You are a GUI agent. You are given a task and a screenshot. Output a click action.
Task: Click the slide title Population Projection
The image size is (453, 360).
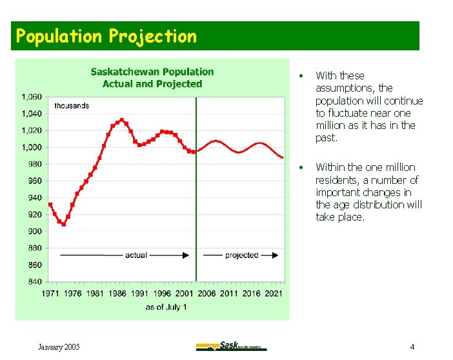pyautogui.click(x=106, y=36)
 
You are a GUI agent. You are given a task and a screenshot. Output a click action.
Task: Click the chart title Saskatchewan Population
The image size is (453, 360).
pyautogui.click(x=152, y=72)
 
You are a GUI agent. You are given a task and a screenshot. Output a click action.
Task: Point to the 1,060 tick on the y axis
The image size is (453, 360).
pyautogui.click(x=32, y=97)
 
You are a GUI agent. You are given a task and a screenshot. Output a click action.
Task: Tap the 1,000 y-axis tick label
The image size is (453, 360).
pyautogui.click(x=32, y=147)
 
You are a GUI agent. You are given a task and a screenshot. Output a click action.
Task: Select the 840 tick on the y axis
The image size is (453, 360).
pyautogui.click(x=35, y=281)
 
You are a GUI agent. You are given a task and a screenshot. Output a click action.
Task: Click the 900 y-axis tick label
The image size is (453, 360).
pyautogui.click(x=35, y=231)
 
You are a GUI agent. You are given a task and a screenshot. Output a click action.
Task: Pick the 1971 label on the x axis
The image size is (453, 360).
pyautogui.click(x=51, y=294)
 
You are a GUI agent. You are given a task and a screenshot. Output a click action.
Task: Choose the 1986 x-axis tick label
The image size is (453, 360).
pyautogui.click(x=117, y=294)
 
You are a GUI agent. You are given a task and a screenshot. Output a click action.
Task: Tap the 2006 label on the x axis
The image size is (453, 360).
pyautogui.click(x=206, y=294)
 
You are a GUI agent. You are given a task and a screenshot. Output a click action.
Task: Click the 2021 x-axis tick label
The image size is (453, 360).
pyautogui.click(x=273, y=294)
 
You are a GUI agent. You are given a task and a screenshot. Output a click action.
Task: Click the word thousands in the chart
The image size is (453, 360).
pyautogui.click(x=72, y=105)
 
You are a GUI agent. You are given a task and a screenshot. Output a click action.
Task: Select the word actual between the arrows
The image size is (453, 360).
pyautogui.click(x=136, y=255)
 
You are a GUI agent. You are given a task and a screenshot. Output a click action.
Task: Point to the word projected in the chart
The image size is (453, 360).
pyautogui.click(x=241, y=255)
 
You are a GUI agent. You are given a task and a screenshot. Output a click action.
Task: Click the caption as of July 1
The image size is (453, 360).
pyautogui.click(x=166, y=307)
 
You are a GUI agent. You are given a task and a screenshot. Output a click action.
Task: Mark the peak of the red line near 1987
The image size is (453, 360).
pyautogui.click(x=121, y=120)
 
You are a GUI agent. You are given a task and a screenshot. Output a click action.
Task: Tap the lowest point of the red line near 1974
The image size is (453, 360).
pyautogui.click(x=63, y=225)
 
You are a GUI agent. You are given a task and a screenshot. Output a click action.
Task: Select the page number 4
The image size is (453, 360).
pyautogui.click(x=412, y=347)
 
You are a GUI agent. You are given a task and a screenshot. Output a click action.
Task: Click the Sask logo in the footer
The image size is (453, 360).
pyautogui.click(x=231, y=346)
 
